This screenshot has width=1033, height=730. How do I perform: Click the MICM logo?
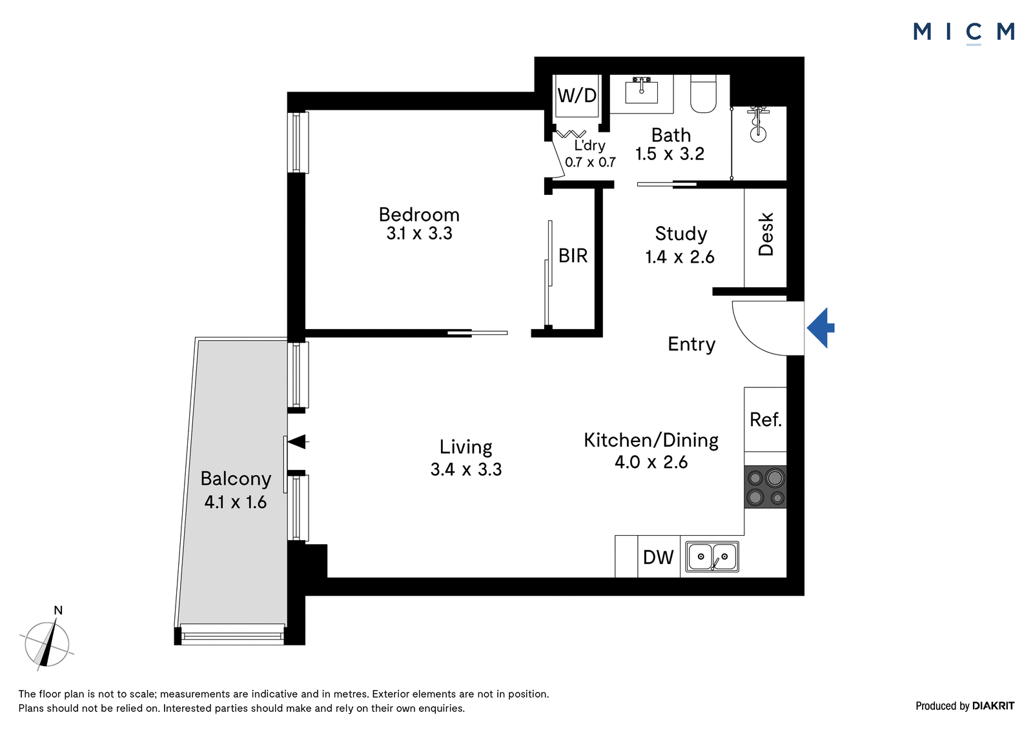(963, 33)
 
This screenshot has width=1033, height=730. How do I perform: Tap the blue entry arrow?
(821, 328)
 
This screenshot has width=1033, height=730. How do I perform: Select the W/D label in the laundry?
(577, 96)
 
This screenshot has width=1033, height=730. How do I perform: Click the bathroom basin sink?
(641, 91)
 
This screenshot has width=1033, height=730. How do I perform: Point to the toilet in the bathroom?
(703, 94)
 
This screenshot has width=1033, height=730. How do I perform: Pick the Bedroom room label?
(419, 215)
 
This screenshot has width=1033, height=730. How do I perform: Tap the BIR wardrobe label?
(573, 256)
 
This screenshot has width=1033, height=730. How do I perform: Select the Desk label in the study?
(766, 234)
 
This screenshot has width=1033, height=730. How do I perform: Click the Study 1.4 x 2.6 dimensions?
(680, 257)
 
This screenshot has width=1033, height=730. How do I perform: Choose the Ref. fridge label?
(766, 420)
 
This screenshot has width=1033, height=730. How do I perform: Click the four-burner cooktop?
(765, 487)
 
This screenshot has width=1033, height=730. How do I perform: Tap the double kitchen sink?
(712, 556)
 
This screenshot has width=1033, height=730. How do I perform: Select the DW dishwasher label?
(658, 558)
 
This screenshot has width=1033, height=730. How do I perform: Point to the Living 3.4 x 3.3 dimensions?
(465, 469)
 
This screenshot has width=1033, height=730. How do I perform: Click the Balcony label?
(236, 479)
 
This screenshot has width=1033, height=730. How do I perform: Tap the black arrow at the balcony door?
(298, 441)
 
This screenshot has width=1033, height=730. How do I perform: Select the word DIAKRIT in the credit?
(994, 706)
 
